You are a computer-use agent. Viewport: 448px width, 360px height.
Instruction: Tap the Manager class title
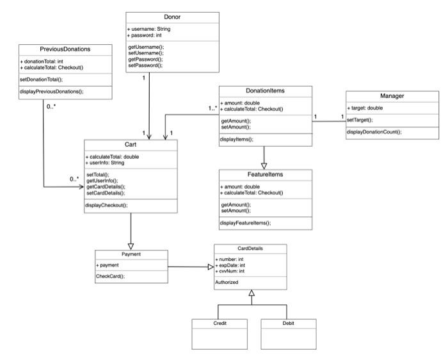point(392,96)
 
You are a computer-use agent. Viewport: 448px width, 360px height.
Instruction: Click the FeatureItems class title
point(265,175)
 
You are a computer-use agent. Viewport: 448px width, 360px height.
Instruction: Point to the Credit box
point(220,323)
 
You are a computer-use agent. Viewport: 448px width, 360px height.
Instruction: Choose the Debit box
point(289,323)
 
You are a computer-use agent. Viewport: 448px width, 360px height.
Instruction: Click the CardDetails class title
point(250,249)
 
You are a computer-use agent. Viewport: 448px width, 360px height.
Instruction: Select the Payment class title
point(131,254)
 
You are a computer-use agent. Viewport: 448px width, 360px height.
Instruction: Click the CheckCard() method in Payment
point(111,276)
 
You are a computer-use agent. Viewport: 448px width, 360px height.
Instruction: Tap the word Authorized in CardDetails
point(227,281)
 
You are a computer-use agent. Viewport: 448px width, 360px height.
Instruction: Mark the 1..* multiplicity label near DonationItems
point(212,108)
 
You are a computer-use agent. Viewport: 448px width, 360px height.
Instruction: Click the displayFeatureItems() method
point(246,222)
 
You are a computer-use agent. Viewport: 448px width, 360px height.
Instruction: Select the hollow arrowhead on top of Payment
point(131,245)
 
